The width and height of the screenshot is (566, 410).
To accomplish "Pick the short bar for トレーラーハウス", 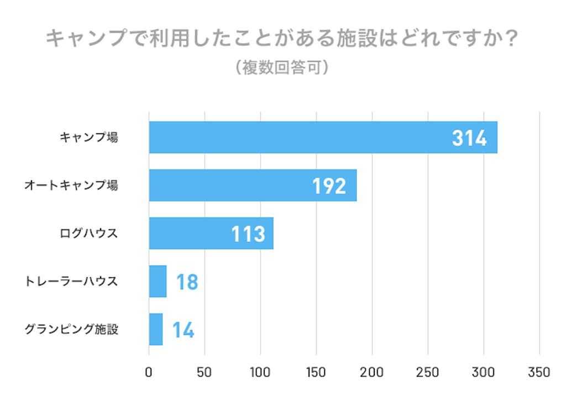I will tap(158, 281).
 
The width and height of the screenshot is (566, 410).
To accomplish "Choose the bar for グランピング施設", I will tap(156, 329).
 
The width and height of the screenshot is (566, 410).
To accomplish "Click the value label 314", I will tap(469, 138).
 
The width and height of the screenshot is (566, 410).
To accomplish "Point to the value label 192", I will tap(329, 186).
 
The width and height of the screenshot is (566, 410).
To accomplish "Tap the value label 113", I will tap(248, 234).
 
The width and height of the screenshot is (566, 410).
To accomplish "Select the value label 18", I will tap(187, 282).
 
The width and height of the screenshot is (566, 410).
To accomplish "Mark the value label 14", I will tap(183, 330).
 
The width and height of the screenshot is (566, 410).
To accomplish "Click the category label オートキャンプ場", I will tap(71, 185).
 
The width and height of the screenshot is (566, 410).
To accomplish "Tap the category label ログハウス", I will tap(89, 233).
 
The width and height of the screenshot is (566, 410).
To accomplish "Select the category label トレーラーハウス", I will tap(71, 281).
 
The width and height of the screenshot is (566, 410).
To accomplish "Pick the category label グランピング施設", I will tap(71, 329).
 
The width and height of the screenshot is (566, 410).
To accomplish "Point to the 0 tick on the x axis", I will tap(149, 372).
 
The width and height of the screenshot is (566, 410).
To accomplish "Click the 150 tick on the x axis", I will tap(316, 372).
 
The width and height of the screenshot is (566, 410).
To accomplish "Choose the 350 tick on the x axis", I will tap(539, 372).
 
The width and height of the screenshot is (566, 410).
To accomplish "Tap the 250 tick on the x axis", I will tap(428, 372).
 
